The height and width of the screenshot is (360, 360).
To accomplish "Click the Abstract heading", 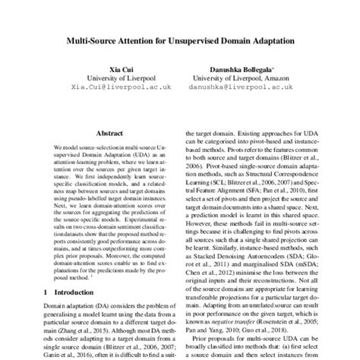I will (111, 129).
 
